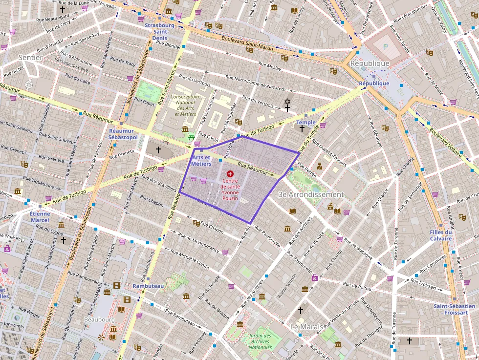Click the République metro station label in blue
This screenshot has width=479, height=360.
(x=374, y=84)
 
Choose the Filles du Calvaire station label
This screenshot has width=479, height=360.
(x=440, y=235)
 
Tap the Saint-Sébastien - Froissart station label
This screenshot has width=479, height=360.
(x=454, y=310)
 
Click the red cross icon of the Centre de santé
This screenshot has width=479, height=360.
(x=230, y=173)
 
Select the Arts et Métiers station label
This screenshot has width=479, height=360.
(x=201, y=161)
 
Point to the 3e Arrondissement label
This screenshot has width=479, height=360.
(x=311, y=194)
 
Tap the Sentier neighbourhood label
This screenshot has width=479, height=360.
(x=30, y=58)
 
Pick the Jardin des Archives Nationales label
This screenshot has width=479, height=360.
(x=260, y=341)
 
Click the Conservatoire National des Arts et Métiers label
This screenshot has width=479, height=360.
(x=186, y=106)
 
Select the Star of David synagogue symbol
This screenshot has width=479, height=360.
(x=287, y=102)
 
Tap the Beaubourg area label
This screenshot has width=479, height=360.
(x=99, y=319)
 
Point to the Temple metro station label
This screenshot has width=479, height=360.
(x=306, y=122)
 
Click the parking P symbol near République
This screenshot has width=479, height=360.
(x=385, y=46)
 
